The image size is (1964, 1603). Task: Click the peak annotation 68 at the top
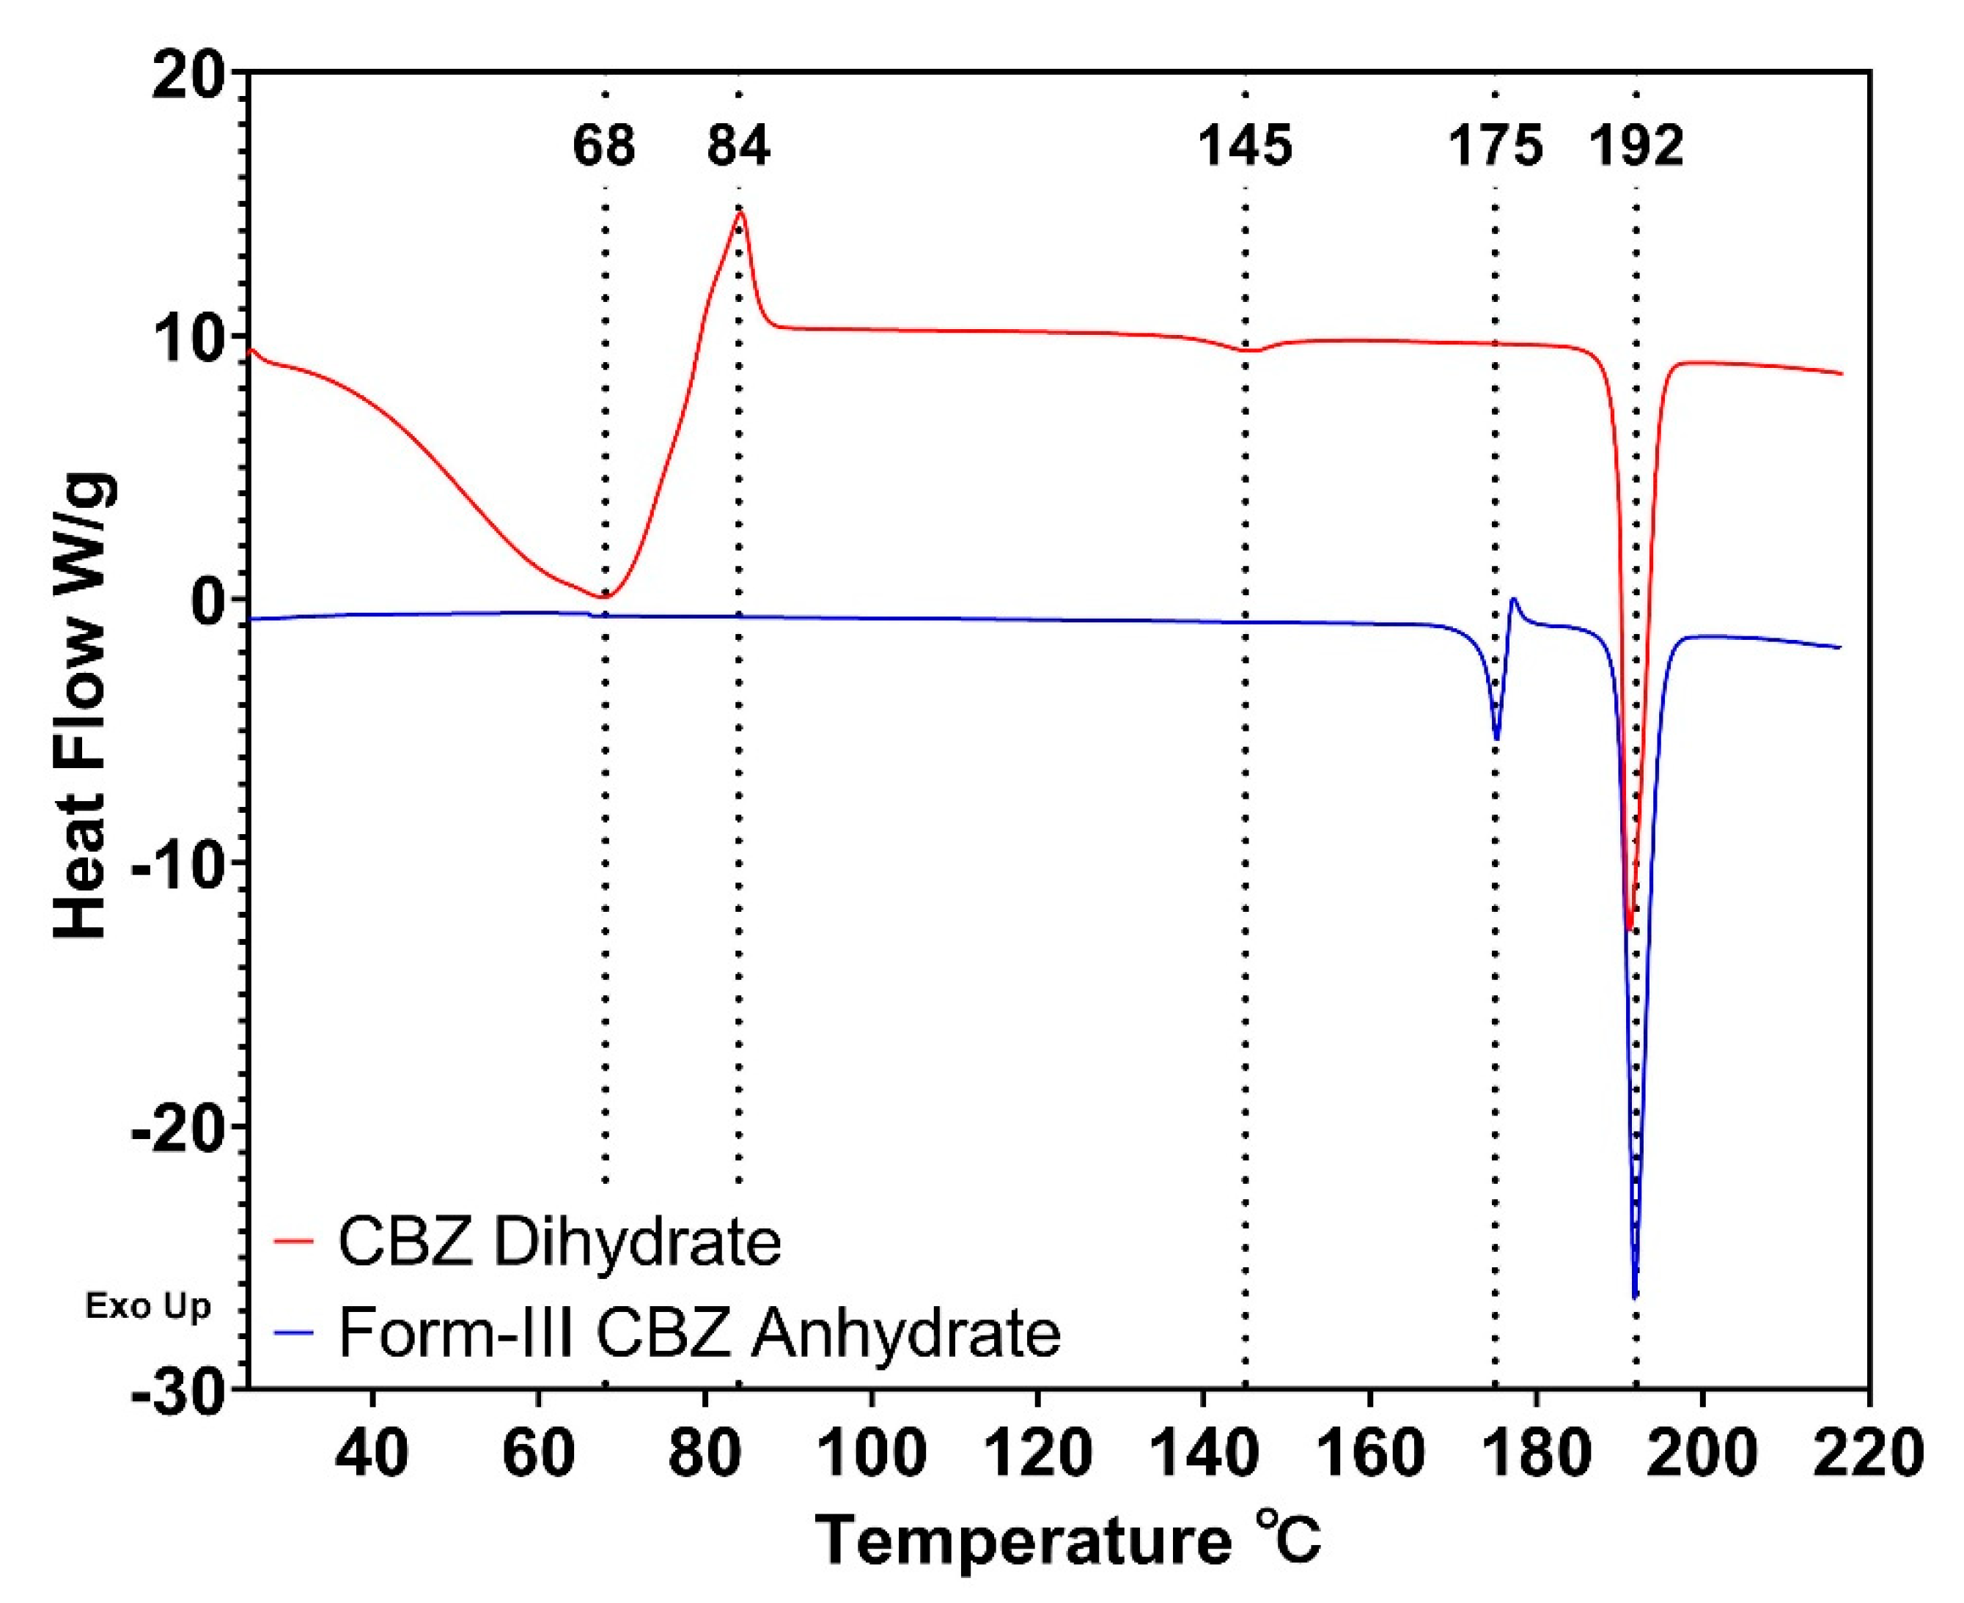click(x=604, y=146)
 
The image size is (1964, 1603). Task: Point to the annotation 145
click(x=1245, y=146)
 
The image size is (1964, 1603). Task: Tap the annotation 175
click(x=1495, y=146)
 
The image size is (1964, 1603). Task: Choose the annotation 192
click(x=1636, y=146)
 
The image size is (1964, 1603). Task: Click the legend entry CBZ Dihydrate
click(x=559, y=1241)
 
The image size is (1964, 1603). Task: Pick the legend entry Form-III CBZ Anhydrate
click(x=699, y=1332)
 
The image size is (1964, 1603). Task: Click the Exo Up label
click(x=148, y=1307)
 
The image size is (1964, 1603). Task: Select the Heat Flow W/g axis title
click(x=85, y=707)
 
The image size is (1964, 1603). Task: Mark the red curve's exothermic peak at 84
click(x=740, y=213)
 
